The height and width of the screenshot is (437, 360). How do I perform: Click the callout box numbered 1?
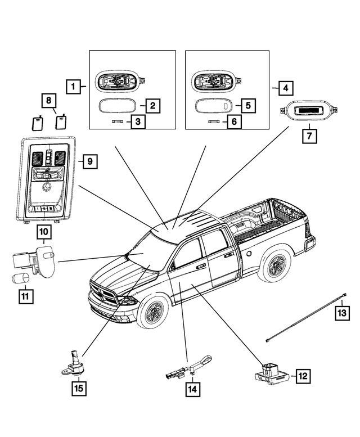[73, 87]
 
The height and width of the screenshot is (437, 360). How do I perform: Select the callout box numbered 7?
[309, 136]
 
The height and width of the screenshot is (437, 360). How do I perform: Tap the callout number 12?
[303, 376]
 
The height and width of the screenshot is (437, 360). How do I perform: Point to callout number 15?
[79, 388]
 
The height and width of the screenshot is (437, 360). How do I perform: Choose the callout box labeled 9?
[90, 161]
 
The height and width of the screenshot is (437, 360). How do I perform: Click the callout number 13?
[342, 313]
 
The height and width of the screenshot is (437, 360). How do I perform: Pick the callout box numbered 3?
[138, 121]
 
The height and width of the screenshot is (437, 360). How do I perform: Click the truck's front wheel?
[153, 311]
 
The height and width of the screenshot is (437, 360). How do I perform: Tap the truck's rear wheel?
[276, 265]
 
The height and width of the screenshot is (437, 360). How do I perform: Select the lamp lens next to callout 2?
[117, 106]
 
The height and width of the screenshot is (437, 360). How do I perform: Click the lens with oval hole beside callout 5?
[213, 106]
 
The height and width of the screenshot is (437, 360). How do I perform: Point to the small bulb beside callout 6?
[214, 122]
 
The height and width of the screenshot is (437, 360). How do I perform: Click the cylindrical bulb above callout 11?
[21, 278]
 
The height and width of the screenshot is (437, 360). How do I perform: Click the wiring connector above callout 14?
[189, 368]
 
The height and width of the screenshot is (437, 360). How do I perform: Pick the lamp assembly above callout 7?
[309, 111]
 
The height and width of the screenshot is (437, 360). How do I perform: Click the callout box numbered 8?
[49, 101]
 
